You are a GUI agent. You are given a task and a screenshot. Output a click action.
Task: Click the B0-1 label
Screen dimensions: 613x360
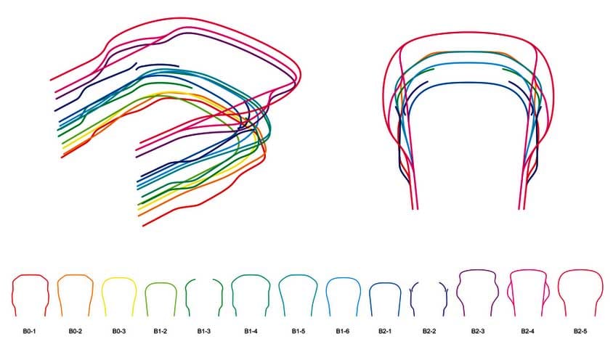30,331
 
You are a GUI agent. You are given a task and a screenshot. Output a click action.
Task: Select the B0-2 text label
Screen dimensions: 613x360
76,331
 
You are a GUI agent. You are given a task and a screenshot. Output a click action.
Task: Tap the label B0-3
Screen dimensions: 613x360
119,331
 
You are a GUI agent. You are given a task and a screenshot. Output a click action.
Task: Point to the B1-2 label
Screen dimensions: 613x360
161,331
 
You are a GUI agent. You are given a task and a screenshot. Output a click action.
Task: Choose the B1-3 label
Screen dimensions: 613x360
203,331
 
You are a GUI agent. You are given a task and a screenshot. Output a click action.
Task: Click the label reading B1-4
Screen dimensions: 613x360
251,331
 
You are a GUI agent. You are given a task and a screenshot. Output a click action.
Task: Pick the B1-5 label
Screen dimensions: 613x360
299,331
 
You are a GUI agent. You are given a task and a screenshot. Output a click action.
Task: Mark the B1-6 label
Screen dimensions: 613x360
343,331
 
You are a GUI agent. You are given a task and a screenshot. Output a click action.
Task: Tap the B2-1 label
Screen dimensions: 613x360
385,331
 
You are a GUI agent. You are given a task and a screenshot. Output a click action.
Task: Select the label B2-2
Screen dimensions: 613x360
429,331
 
